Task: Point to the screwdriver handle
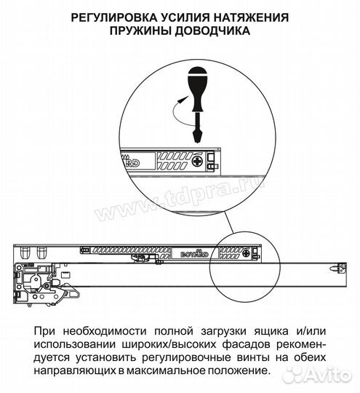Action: click(x=196, y=80)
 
